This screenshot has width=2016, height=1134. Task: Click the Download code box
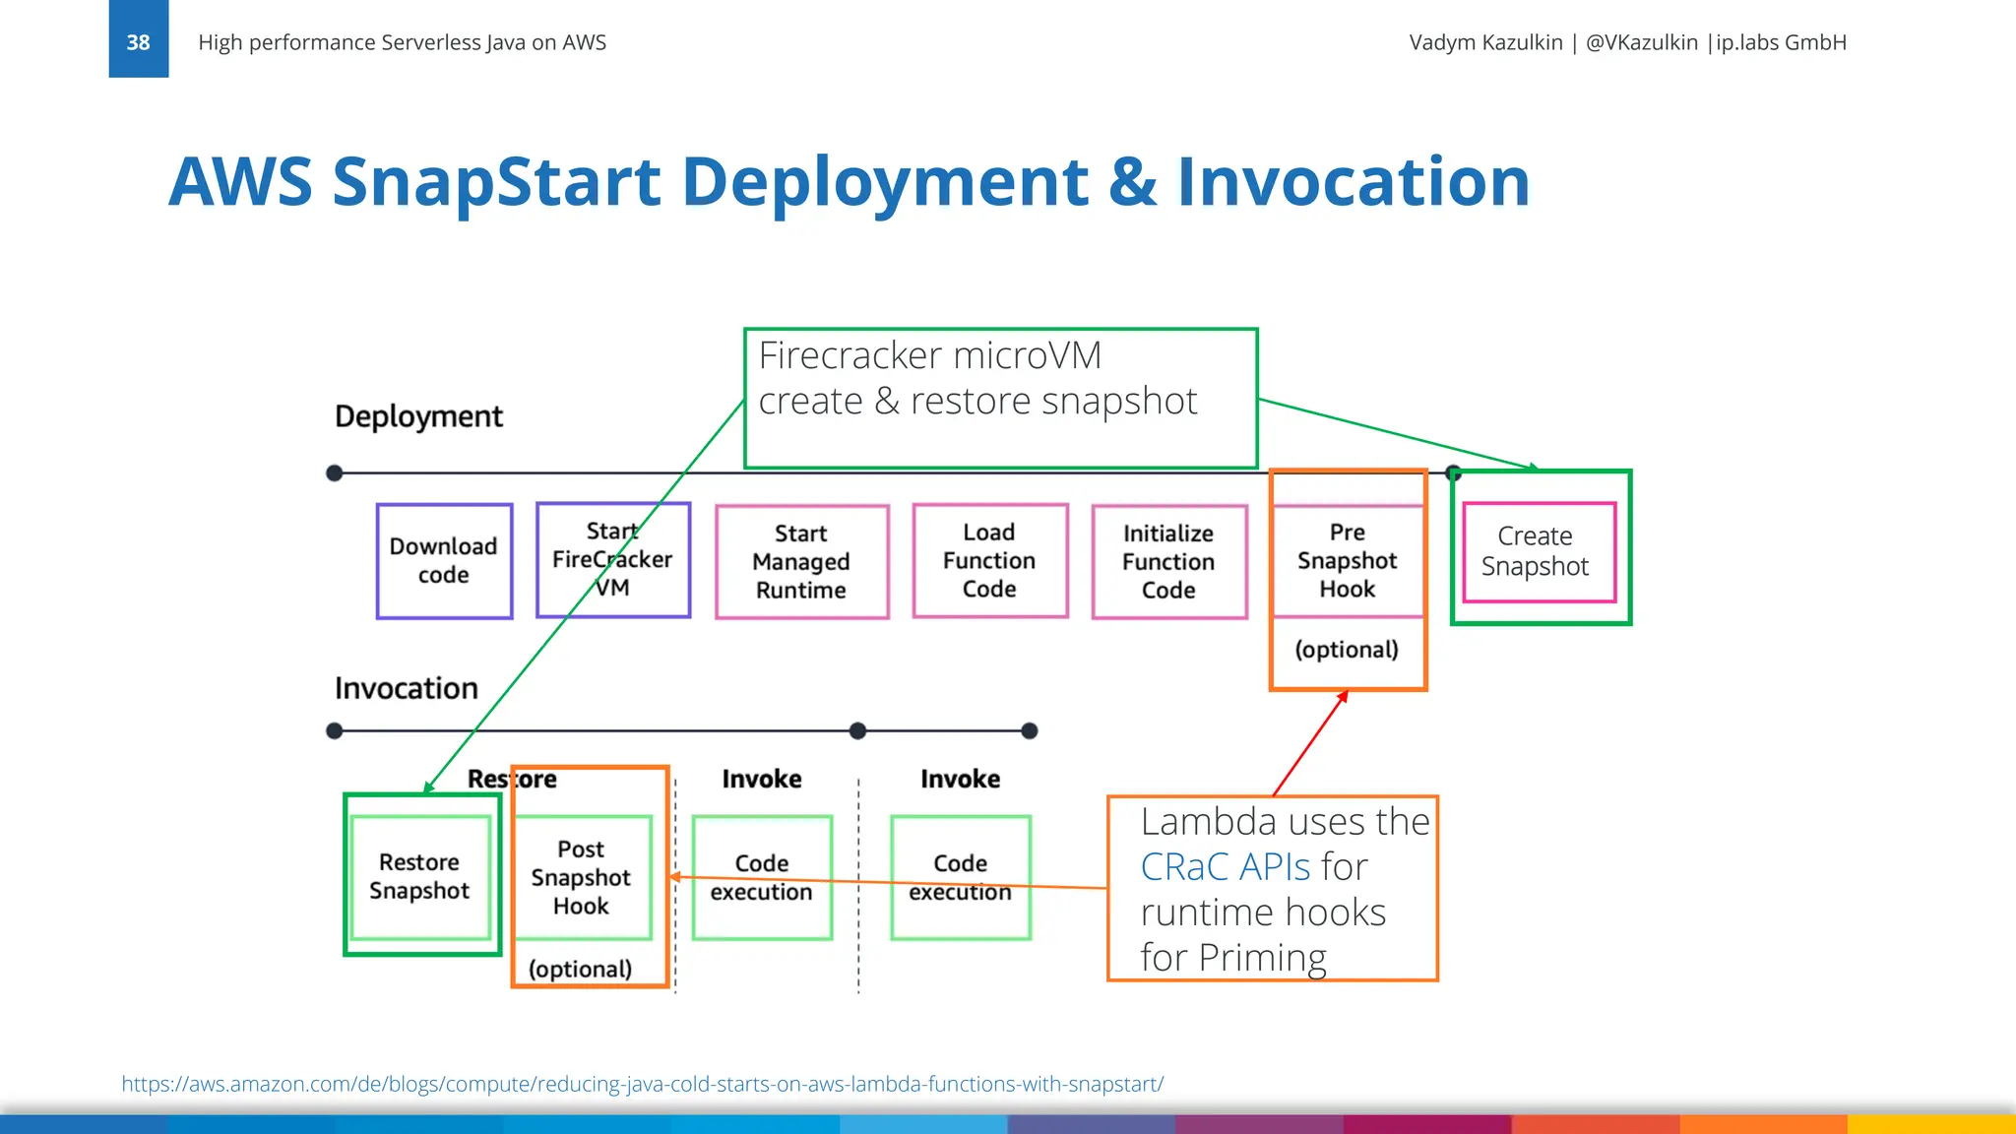click(444, 561)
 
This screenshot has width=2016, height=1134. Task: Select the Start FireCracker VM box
click(613, 560)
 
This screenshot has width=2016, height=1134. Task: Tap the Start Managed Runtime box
click(801, 562)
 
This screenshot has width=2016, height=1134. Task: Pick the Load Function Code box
click(989, 561)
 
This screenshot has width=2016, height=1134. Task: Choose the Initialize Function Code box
click(1168, 562)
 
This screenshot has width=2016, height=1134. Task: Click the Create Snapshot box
click(1538, 552)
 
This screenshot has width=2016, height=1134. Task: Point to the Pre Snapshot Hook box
click(1347, 561)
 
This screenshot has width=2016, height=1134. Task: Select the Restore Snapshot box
click(420, 876)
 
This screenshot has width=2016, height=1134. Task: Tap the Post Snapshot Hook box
click(582, 877)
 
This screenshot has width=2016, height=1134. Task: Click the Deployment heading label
click(418, 416)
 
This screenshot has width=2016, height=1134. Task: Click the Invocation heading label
click(406, 688)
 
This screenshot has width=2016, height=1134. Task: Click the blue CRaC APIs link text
click(1225, 867)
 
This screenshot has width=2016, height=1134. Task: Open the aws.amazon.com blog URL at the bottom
click(642, 1084)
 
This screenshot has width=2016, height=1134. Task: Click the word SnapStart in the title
click(497, 182)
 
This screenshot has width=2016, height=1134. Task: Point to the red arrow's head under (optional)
click(1344, 695)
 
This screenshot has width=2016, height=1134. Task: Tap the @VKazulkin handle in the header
click(1641, 42)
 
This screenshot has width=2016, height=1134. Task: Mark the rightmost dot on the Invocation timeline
click(1030, 730)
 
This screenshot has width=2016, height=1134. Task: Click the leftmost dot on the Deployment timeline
click(335, 473)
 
